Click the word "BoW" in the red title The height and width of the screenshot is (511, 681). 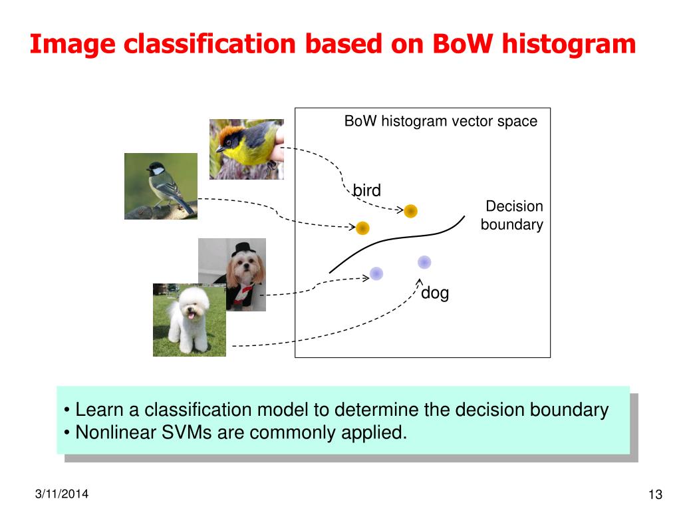463,45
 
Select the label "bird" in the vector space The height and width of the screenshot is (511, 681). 367,190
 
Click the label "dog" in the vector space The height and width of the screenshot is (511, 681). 435,293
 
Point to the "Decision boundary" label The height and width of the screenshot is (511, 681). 512,216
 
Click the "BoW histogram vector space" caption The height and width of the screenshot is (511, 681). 441,121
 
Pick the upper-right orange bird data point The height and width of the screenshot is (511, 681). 410,211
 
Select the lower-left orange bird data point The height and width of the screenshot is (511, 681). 362,228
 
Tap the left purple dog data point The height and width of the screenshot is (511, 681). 376,273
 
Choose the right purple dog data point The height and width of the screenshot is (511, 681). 424,262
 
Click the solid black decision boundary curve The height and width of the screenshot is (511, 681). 393,239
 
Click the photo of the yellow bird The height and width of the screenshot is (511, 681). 247,150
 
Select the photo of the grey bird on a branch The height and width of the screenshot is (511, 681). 161,186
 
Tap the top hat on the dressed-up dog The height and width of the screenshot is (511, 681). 241,249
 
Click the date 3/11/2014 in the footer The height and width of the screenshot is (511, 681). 62,494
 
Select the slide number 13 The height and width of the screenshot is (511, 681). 655,494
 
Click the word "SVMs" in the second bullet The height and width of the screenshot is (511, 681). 186,432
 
